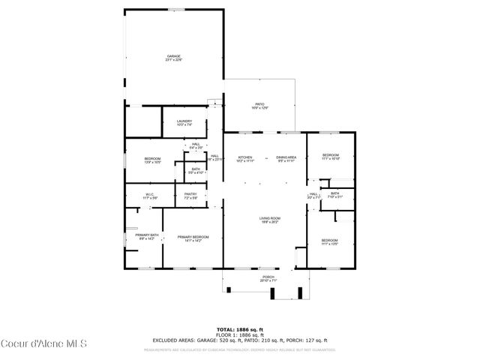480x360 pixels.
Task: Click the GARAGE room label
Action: click(x=173, y=58)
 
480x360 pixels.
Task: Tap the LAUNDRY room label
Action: click(x=184, y=123)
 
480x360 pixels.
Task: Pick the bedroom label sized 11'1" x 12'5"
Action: click(x=331, y=241)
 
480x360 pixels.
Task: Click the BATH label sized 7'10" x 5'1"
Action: click(x=334, y=195)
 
